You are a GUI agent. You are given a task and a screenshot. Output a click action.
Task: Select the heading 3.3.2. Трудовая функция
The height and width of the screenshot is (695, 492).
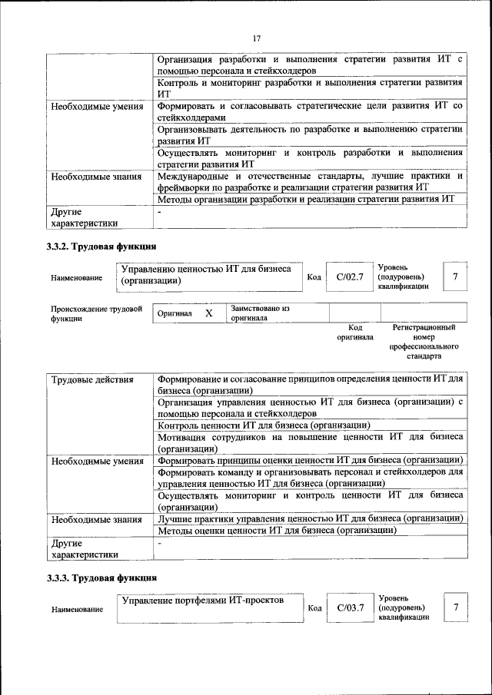[102, 247]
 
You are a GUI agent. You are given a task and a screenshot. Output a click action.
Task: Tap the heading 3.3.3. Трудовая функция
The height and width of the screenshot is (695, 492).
[102, 577]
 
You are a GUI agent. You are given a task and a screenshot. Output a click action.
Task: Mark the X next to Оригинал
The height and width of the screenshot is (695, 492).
[208, 314]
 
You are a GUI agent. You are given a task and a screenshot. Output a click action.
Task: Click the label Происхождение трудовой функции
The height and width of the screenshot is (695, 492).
[96, 313]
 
